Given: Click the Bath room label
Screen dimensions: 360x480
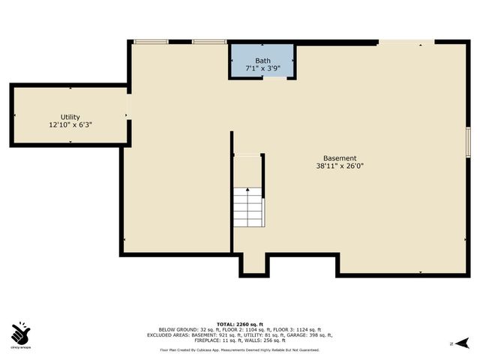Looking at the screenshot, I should (262, 61).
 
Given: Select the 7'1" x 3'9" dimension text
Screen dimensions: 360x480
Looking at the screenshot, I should (262, 69).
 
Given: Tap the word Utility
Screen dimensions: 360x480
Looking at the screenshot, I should (70, 117).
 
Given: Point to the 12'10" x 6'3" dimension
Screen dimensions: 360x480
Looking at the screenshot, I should (70, 125).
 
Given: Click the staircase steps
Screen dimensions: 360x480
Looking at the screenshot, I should (247, 208).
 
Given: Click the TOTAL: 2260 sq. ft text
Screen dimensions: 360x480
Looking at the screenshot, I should (239, 323).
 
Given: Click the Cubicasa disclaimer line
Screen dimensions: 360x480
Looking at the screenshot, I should (239, 349).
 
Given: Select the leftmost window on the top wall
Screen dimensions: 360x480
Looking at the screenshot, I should (151, 41).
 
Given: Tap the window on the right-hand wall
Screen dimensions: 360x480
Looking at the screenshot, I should (468, 142).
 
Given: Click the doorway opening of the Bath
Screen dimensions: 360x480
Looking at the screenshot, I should (274, 79).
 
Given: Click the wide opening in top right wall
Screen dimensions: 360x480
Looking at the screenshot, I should (406, 42).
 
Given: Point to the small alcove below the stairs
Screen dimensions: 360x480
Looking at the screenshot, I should (253, 264).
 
